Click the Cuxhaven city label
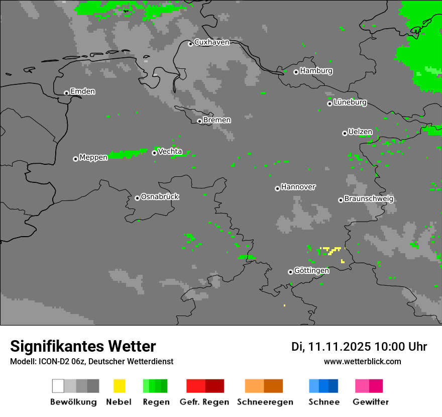[211, 42]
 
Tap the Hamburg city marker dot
[296, 72]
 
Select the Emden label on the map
[82, 91]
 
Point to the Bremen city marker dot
[199, 121]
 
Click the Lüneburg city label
[350, 102]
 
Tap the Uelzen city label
[360, 132]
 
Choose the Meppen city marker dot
[75, 159]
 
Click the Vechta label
[170, 151]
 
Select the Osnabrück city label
[160, 196]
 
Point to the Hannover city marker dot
[277, 188]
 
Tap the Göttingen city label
[311, 271]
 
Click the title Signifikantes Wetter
[83, 346]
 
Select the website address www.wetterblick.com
[362, 361]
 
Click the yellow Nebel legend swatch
[119, 386]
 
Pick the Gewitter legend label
[371, 402]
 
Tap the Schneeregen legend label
[265, 402]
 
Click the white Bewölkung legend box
[58, 386]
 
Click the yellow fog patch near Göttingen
[331, 249]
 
